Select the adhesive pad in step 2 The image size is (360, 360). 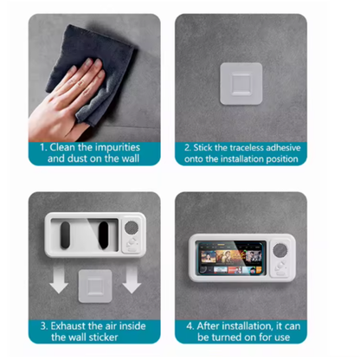coord(241,84)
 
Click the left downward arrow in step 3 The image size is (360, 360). coord(59,279)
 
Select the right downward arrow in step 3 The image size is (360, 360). coord(132,279)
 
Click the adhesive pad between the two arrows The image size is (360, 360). coord(95,286)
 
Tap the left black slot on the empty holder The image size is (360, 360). coord(65,235)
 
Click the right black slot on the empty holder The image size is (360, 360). coord(103,235)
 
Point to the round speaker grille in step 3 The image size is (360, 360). coord(132,228)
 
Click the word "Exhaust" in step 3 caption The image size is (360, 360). coord(68,326)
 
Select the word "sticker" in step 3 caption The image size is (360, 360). coord(103,337)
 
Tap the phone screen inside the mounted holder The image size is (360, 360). coord(231,258)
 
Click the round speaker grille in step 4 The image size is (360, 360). coord(280,250)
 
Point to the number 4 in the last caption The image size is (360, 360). coord(190,326)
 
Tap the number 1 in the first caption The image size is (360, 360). coord(42,147)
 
